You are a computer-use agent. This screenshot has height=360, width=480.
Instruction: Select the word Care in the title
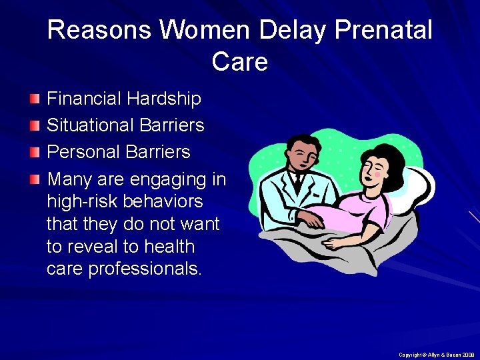pos(240,62)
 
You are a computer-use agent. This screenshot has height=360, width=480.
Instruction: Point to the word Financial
pos(85,99)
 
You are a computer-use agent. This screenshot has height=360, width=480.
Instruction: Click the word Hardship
pos(164,99)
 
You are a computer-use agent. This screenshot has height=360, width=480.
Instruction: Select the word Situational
pos(90,125)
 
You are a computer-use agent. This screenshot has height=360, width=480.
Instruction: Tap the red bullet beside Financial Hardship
pos(35,99)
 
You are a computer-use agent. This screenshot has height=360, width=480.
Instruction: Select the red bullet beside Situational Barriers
pos(35,126)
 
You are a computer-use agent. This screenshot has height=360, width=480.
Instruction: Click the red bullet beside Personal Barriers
pos(35,153)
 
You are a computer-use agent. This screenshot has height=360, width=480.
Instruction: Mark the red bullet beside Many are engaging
pos(35,179)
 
